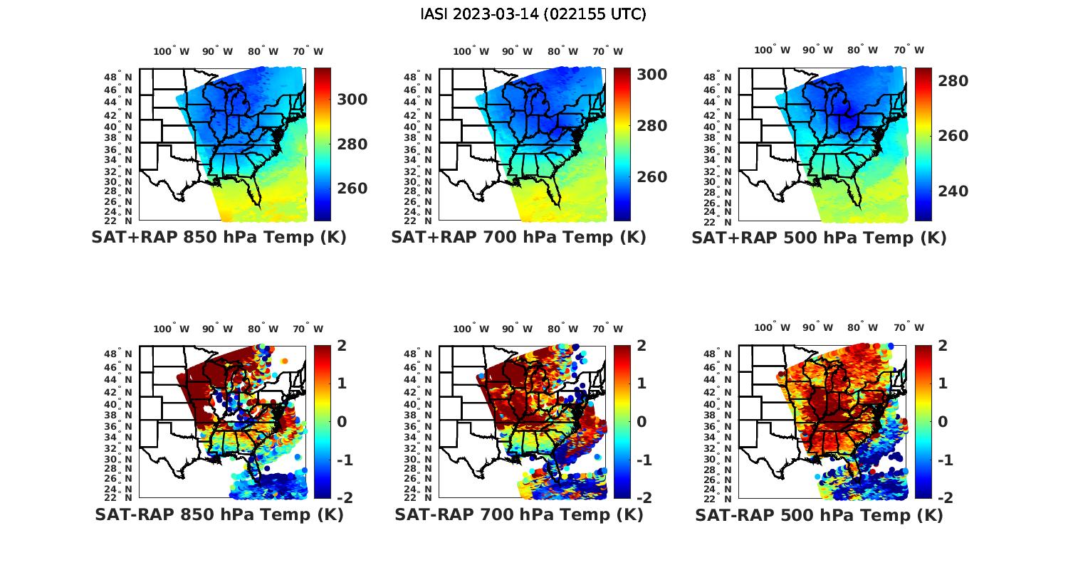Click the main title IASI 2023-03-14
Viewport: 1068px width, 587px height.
(x=533, y=14)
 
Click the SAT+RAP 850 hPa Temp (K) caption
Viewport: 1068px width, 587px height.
(x=219, y=238)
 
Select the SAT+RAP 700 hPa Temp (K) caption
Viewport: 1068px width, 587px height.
(x=518, y=238)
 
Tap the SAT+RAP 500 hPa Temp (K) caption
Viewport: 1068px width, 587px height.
(x=819, y=238)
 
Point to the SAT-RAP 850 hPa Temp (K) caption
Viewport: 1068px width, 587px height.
(x=219, y=514)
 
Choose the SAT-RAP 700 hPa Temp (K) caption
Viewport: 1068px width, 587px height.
(x=518, y=514)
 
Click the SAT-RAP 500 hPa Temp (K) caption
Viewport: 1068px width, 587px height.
(x=819, y=514)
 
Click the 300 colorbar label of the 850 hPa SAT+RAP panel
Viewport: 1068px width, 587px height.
(x=352, y=100)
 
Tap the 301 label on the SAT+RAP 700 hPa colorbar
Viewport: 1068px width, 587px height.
(x=651, y=74)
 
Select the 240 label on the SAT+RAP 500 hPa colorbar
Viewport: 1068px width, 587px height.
(x=953, y=191)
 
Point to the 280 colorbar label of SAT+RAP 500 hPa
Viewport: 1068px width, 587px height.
(x=953, y=81)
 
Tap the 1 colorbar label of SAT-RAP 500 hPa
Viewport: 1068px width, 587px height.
(x=943, y=384)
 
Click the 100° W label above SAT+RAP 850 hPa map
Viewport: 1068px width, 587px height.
(x=172, y=51)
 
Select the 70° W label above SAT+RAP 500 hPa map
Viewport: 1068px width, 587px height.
(x=909, y=50)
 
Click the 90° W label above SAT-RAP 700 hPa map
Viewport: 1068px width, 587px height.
(x=517, y=329)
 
